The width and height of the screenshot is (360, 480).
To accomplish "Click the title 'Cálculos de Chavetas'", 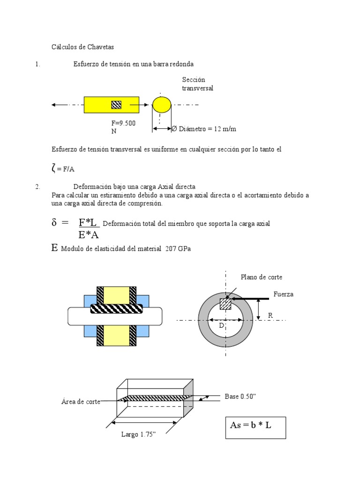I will pyautogui.click(x=82, y=47).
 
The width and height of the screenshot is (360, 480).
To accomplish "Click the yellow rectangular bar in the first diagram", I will pyautogui.click(x=98, y=105).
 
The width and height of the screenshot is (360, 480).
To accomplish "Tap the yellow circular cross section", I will pyautogui.click(x=162, y=105).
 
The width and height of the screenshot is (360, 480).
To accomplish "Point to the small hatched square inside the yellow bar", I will pyautogui.click(x=116, y=105).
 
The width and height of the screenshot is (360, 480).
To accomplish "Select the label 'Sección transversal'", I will pyautogui.click(x=197, y=84).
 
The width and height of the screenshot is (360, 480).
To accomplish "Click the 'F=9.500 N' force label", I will pyautogui.click(x=123, y=127).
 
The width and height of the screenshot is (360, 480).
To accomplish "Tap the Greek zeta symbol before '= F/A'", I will pyautogui.click(x=54, y=167).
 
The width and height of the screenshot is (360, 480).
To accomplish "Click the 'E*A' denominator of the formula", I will pyautogui.click(x=88, y=235).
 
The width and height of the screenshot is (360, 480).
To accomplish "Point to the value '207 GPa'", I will pyautogui.click(x=178, y=249).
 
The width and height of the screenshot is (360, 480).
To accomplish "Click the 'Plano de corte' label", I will pyautogui.click(x=262, y=277).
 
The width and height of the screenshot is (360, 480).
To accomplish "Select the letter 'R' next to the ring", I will pyautogui.click(x=270, y=315).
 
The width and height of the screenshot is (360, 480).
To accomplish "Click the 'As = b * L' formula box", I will pyautogui.click(x=255, y=426).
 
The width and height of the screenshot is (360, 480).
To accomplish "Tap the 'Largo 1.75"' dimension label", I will pyautogui.click(x=138, y=435).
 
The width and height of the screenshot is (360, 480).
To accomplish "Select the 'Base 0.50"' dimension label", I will pyautogui.click(x=240, y=397).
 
